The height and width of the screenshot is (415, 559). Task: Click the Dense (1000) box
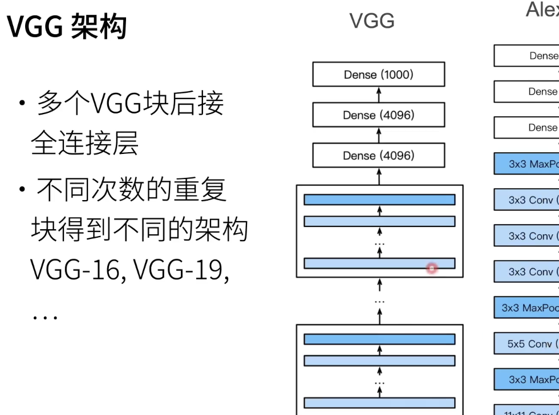point(379,75)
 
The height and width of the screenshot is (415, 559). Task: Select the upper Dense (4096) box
point(379,115)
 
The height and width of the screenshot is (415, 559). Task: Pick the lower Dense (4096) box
point(379,156)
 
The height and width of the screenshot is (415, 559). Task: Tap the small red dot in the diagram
point(432,267)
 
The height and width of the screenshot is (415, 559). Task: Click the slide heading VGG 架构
point(66,26)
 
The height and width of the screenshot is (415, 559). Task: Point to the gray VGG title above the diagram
point(372,21)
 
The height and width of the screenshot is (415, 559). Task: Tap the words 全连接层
point(84,144)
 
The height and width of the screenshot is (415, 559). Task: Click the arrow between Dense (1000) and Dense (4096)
point(379,95)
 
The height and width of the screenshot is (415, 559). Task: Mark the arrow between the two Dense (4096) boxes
point(379,136)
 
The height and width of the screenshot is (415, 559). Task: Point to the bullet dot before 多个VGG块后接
point(22,104)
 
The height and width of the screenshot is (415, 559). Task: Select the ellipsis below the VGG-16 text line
point(44,316)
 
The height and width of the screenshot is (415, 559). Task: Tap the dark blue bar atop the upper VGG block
point(379,200)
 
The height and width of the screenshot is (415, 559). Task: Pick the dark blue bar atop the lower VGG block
point(379,339)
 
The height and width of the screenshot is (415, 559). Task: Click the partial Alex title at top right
point(542,10)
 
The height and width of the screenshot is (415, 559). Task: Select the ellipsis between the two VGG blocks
point(379,300)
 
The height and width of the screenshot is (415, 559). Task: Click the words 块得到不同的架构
point(139,230)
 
